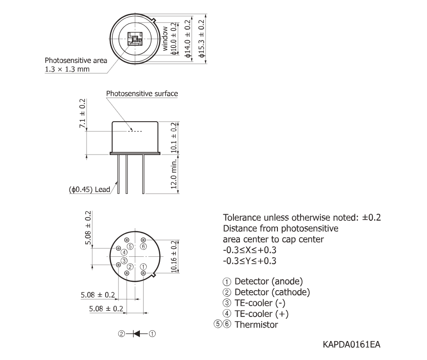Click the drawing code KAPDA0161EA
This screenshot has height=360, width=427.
pos(352,344)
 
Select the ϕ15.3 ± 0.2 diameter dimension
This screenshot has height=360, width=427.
pos(201,39)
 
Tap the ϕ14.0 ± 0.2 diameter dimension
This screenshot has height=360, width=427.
pos(188,39)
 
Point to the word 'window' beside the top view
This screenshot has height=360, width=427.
pos(165,38)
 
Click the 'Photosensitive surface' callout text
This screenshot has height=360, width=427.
pos(142,93)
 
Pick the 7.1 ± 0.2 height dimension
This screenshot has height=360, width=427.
pos(82,113)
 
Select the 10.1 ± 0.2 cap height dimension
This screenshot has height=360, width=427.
pos(174,138)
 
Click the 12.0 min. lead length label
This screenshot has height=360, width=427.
pos(174,174)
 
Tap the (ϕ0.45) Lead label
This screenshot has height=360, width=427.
pos(89,189)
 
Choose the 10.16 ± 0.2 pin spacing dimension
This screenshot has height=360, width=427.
pos(174,257)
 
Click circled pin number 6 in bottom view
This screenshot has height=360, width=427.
pos(143,247)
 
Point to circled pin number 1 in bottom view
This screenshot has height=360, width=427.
pos(143,267)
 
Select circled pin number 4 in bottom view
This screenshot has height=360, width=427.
pos(124,253)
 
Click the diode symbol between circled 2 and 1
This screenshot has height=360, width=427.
pos(137,334)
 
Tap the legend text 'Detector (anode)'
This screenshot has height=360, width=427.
pos(269,281)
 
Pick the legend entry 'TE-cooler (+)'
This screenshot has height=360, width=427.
pos(261,314)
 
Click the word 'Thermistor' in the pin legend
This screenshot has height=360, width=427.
pos(256,325)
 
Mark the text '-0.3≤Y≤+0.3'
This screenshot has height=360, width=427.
pos(250,261)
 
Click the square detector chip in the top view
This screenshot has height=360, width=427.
pos(135,39)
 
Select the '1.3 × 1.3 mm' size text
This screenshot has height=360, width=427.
pos(67,69)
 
